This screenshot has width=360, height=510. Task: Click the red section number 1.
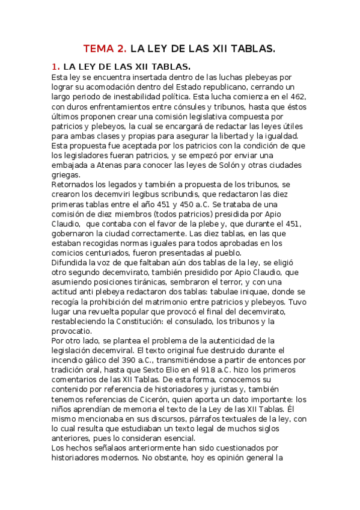55,66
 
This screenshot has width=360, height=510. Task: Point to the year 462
297,97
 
